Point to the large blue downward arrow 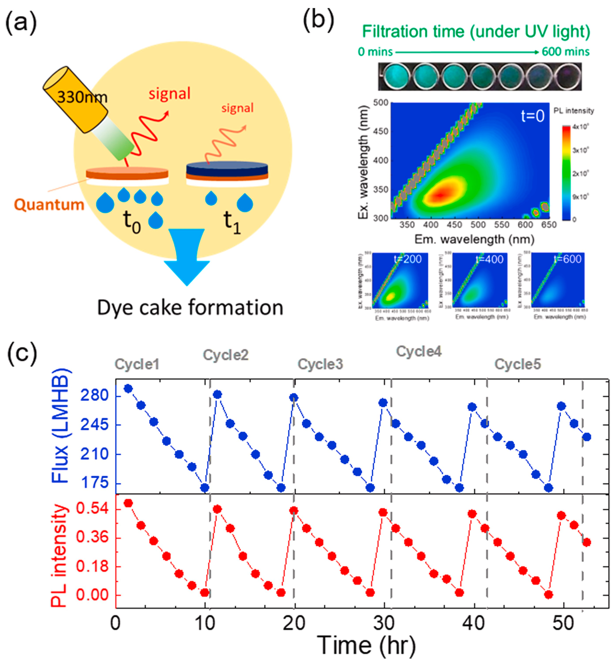click(x=187, y=256)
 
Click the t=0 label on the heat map click(x=532, y=116)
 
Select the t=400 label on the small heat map click(x=490, y=259)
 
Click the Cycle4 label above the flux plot click(x=419, y=351)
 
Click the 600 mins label click(x=566, y=52)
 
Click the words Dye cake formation click(x=190, y=307)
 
